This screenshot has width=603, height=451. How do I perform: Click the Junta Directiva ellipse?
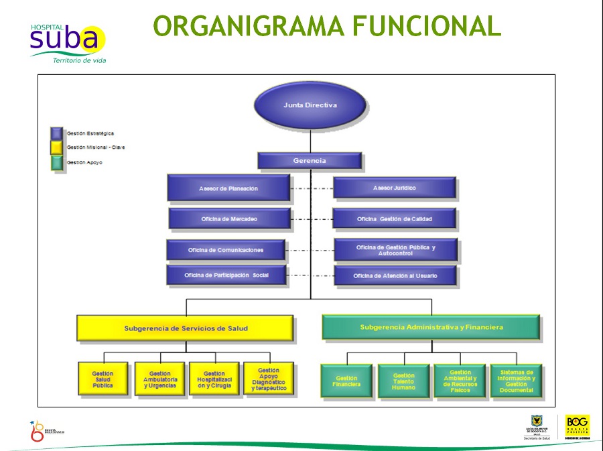pos(310,105)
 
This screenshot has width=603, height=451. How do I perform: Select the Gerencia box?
pos(310,161)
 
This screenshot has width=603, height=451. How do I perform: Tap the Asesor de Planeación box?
pos(228,188)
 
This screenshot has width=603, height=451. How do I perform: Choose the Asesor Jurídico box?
pos(395,188)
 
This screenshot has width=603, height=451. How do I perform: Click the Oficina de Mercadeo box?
pos(229,219)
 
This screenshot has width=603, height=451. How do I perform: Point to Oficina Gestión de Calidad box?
pos(395,219)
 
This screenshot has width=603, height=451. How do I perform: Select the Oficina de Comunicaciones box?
pos(226,250)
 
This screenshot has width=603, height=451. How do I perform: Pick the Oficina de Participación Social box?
pos(226,275)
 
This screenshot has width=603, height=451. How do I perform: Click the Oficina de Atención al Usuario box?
pos(395,275)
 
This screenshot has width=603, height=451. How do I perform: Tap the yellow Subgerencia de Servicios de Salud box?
pos(186,328)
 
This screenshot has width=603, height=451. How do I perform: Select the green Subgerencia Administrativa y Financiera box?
pos(431,327)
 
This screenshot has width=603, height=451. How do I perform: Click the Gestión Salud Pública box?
pos(103,380)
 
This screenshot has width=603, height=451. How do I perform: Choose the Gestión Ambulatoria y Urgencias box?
pos(159,380)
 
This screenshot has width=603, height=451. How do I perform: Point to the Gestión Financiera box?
pos(346,381)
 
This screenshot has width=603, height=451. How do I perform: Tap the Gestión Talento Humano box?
pos(404,381)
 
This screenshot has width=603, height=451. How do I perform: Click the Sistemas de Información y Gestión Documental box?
pos(516,381)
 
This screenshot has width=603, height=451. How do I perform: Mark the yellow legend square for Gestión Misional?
pos(57,147)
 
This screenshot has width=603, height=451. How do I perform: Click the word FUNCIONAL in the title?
pos(427,25)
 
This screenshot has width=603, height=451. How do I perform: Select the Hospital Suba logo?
pos(67,42)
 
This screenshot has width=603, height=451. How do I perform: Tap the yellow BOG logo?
pos(578,426)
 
